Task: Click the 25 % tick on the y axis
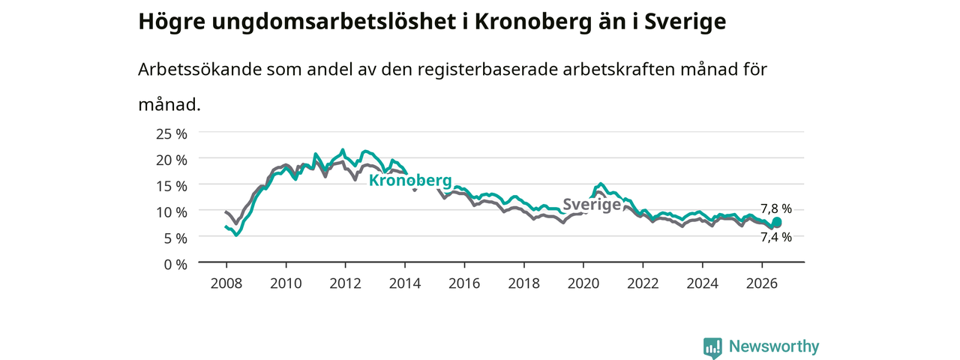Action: click(x=172, y=134)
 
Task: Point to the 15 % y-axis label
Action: click(x=172, y=187)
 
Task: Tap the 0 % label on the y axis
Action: click(x=175, y=265)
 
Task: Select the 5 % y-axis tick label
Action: click(x=175, y=238)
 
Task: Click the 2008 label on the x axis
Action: click(x=226, y=283)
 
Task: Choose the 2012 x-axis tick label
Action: click(x=346, y=283)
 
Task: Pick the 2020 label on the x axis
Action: click(x=583, y=283)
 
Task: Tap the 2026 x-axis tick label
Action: click(x=762, y=283)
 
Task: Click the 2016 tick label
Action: click(x=464, y=283)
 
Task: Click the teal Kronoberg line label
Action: click(x=410, y=181)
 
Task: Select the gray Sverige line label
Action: click(x=592, y=205)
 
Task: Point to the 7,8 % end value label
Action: click(x=776, y=208)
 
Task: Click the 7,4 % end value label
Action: click(x=776, y=237)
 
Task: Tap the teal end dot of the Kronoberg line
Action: click(x=776, y=221)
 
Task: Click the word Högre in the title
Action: click(x=172, y=22)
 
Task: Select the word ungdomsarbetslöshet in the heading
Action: click(x=334, y=22)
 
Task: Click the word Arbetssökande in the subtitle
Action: click(x=199, y=69)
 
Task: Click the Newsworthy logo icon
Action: click(x=712, y=347)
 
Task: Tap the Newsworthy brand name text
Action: click(x=774, y=346)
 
